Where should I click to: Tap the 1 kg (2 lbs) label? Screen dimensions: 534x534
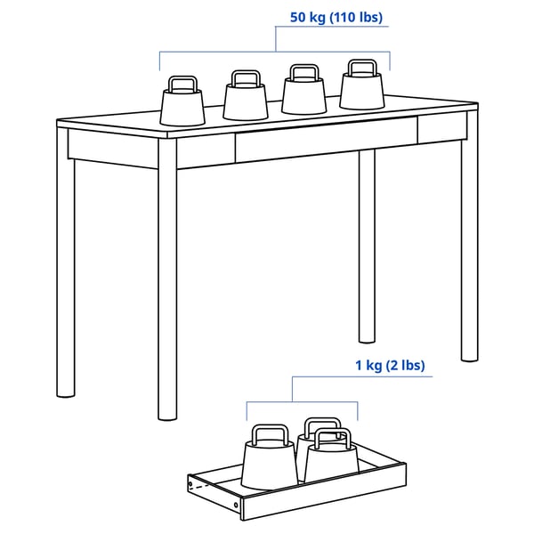pyautogui.click(x=390, y=365)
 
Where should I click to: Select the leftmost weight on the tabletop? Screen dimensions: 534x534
pyautogui.click(x=183, y=105)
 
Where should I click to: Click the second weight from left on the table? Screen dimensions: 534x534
pyautogui.click(x=246, y=100)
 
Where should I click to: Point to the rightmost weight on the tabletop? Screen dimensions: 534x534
pyautogui.click(x=362, y=87)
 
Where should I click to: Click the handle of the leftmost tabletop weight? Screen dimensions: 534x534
pyautogui.click(x=182, y=84)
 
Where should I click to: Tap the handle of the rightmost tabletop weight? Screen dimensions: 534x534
pyautogui.click(x=361, y=67)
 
